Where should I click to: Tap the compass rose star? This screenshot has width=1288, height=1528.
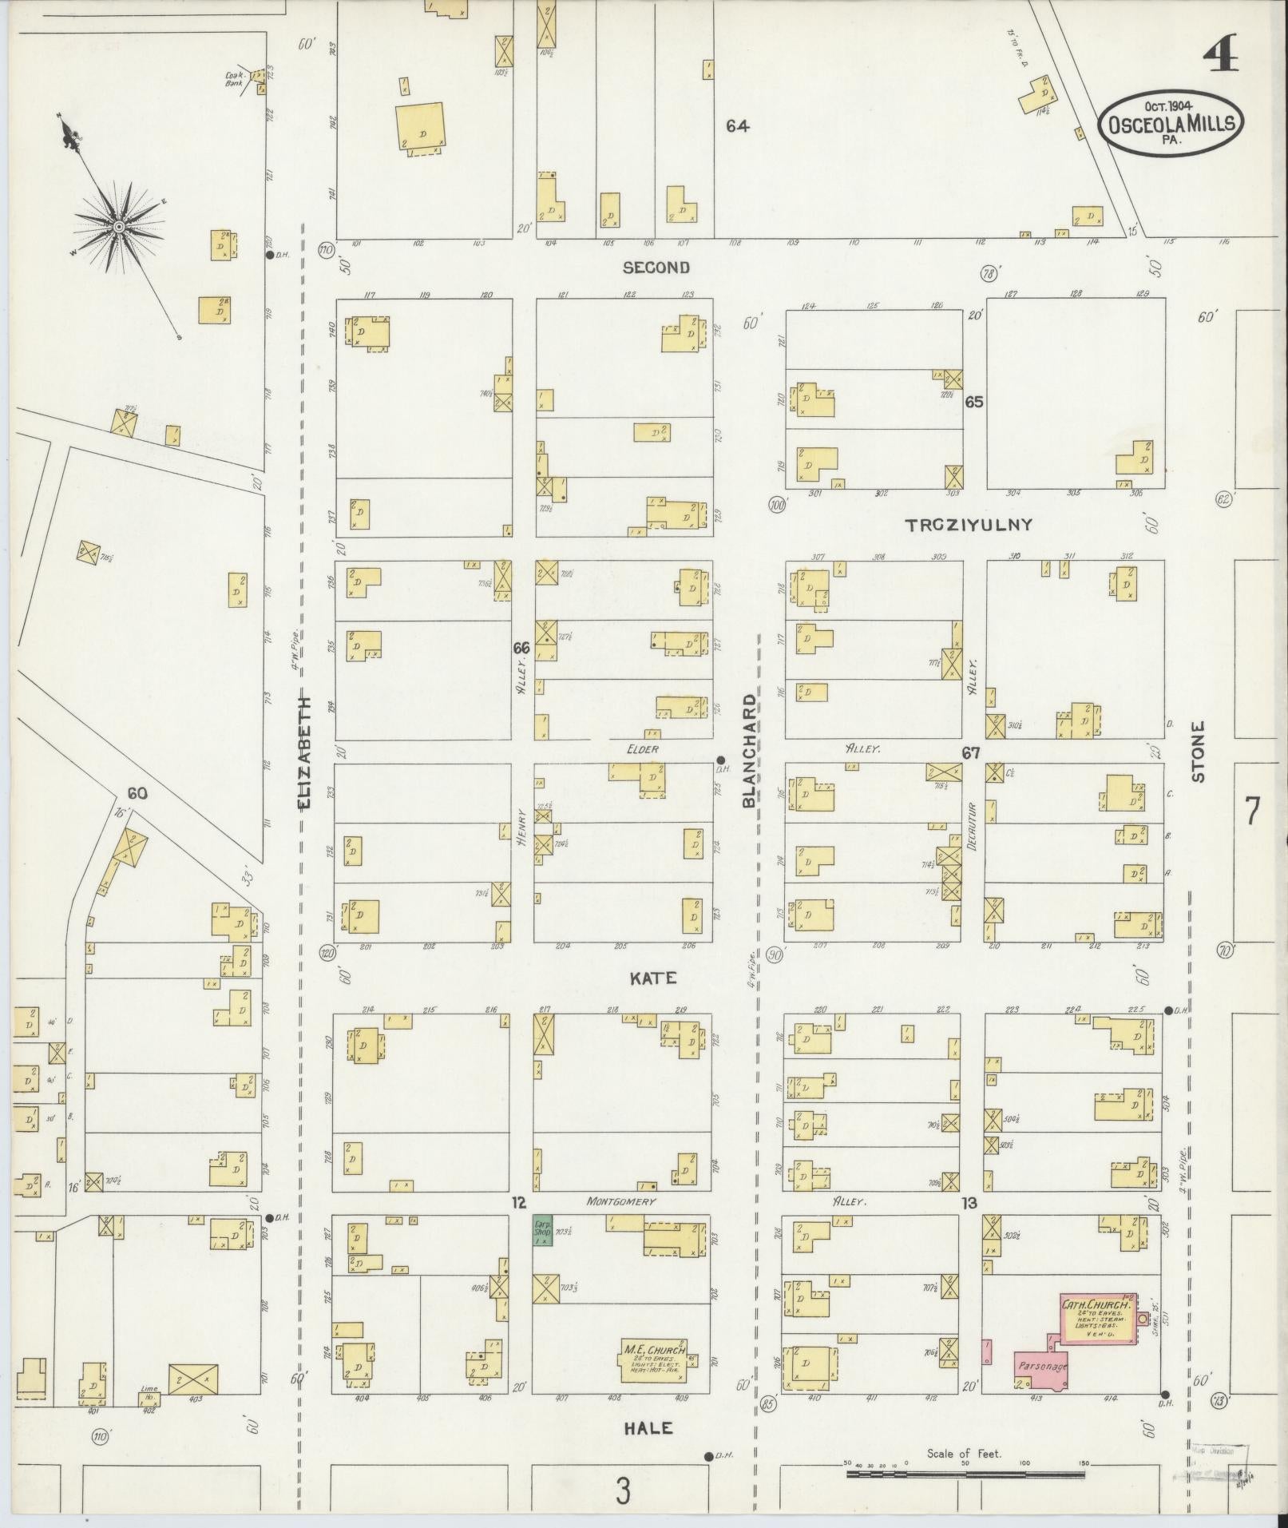click(x=118, y=228)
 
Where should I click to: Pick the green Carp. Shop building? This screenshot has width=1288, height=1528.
click(x=543, y=1252)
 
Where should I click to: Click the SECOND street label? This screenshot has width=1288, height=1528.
click(x=656, y=268)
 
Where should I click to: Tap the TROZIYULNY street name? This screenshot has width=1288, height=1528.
click(x=969, y=525)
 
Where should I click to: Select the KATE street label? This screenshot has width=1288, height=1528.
click(x=654, y=978)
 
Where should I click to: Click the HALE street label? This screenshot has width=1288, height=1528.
click(x=649, y=1428)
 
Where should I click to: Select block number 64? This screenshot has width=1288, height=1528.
click(x=737, y=126)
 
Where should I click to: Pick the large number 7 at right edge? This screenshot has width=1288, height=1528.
click(x=1252, y=812)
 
